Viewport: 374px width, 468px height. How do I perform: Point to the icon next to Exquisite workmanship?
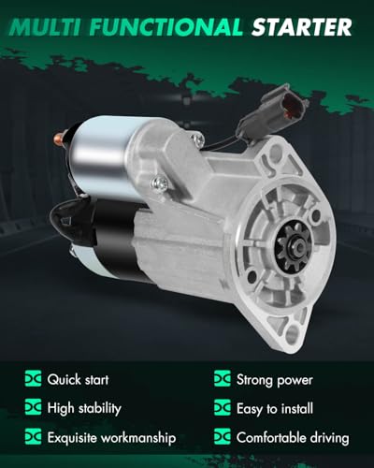35,437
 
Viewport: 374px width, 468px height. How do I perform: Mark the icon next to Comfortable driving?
223,437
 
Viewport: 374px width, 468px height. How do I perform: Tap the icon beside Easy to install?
223,409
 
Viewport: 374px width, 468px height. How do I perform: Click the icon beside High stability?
35,409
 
